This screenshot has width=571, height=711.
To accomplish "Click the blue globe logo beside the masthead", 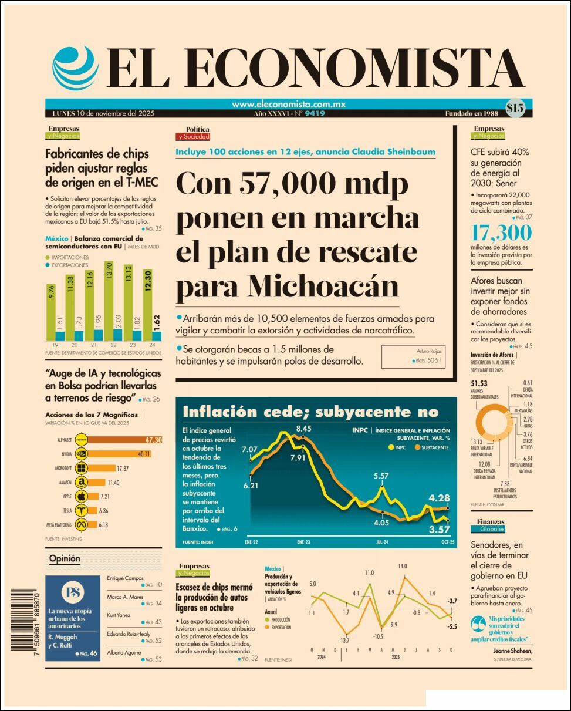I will (75, 67).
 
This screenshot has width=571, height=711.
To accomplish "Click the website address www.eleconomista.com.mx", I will (288, 105).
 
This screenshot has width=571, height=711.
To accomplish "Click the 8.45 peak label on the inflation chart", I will (303, 429).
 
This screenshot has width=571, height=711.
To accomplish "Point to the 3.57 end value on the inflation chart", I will (439, 529).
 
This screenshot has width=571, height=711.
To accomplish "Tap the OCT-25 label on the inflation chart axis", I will (448, 542).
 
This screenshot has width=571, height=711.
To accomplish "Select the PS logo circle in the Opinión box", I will (73, 592).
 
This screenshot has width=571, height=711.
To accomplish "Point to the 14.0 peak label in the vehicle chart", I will (402, 567).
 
